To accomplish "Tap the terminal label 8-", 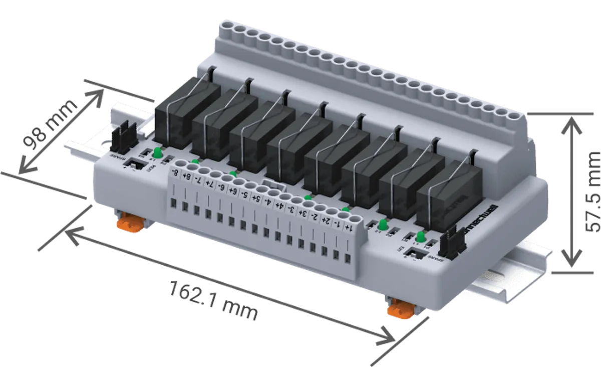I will (175, 173).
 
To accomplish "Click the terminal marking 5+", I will (255, 199).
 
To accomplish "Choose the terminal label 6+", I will (232, 191).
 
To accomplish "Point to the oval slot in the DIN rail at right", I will (494, 277).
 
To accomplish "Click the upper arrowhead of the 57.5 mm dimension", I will (570, 123).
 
